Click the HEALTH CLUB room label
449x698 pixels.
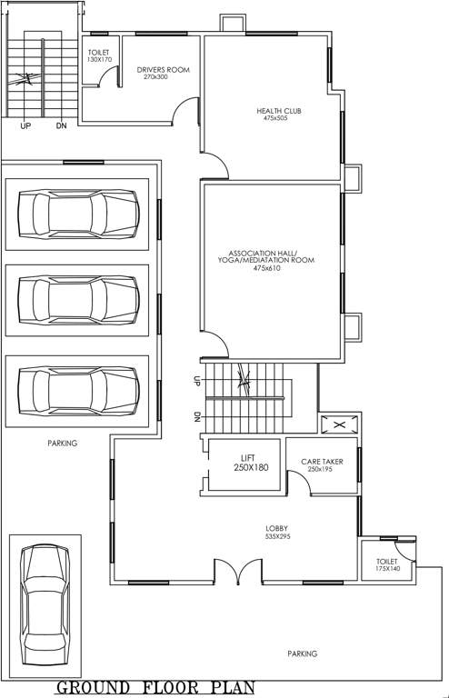pos(278,111)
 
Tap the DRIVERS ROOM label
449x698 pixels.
pos(164,69)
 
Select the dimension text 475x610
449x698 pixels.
pos(270,268)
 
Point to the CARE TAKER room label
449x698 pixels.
pos(321,462)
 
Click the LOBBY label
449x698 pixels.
pos(277,528)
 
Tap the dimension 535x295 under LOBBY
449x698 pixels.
pos(277,537)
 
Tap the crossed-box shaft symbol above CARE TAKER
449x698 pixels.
pos(339,424)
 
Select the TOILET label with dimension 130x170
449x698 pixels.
pos(99,56)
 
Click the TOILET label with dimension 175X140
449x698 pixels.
pos(387,564)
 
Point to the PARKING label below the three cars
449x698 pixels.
pos(63,444)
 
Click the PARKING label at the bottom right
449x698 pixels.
pos(303,653)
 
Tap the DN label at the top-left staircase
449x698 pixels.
pos(61,126)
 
